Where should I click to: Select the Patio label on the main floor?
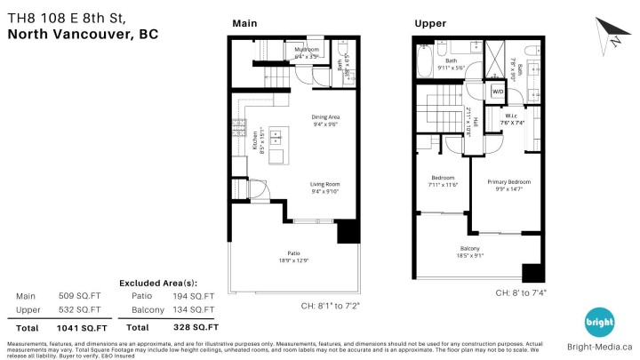pyautogui.click(x=293, y=256)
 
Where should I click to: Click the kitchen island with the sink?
pyautogui.click(x=276, y=138)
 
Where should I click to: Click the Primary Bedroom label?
pyautogui.click(x=502, y=185)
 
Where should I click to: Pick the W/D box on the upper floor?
pyautogui.click(x=498, y=92)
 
